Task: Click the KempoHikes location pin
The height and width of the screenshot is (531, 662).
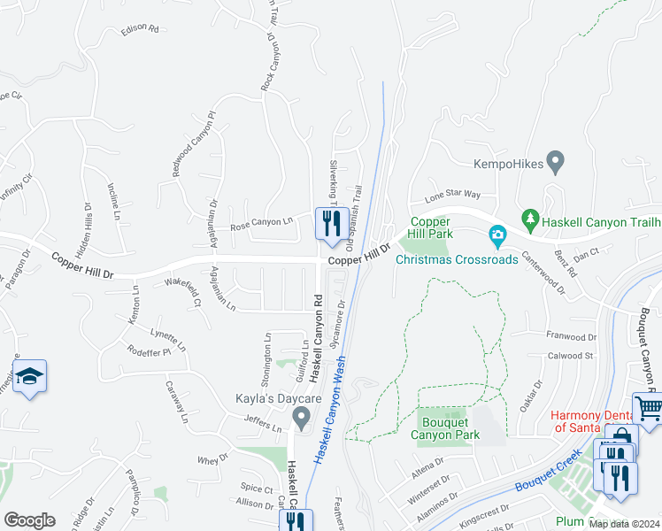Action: pos(556,162)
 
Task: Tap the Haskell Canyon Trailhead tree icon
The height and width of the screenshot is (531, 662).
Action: pos(530,217)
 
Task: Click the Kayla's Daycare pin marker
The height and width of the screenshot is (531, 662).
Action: pos(302,417)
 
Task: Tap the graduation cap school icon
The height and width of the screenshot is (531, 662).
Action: pos(29,376)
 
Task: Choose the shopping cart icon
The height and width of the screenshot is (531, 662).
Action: pos(649,408)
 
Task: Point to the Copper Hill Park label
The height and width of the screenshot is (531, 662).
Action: pos(431,227)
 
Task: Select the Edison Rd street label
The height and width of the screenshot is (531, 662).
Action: pos(140,29)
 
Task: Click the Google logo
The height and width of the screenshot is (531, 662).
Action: pos(29,519)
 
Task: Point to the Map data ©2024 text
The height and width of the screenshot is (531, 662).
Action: pos(624,524)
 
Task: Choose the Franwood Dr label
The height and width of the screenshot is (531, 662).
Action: pos(572,337)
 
